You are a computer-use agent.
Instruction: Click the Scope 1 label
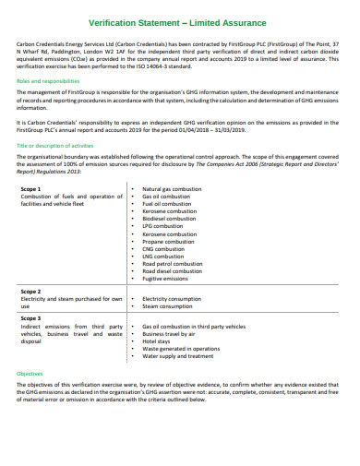click(31, 188)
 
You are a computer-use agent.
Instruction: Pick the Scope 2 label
click(31, 290)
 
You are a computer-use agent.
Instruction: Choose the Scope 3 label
click(31, 317)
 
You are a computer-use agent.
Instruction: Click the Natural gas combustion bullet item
click(172, 188)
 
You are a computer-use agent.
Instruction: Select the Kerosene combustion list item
click(170, 210)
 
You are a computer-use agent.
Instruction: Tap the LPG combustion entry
click(163, 226)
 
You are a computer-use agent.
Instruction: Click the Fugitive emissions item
click(166, 279)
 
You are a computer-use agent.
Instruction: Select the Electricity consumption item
click(172, 299)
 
